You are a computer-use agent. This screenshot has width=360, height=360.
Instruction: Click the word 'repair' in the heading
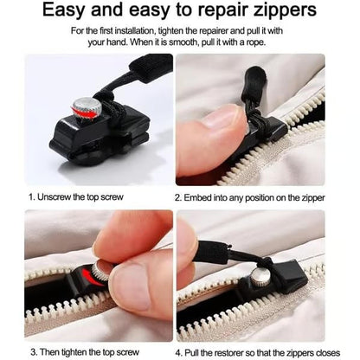228,12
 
